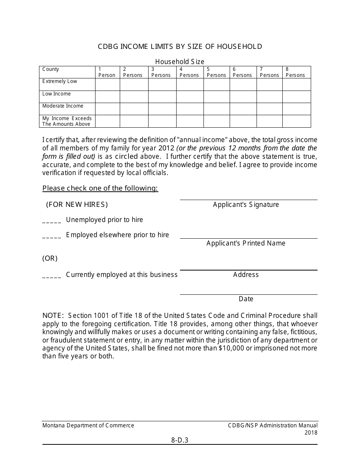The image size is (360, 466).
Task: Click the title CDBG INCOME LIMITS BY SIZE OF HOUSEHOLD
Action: click(180, 47)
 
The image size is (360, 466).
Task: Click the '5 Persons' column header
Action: click(216, 72)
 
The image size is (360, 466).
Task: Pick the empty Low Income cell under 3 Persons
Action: click(162, 97)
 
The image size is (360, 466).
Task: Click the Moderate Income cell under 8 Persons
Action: click(296, 109)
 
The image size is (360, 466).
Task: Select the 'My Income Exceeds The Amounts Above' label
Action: click(67, 121)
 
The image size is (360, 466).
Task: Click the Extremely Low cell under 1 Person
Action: click(107, 84)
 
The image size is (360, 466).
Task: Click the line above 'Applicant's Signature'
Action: click(249, 199)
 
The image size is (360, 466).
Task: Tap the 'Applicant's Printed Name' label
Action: click(246, 243)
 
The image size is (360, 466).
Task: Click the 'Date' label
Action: click(246, 299)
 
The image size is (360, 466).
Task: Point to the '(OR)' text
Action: click(50, 258)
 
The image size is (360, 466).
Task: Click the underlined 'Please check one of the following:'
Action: click(100, 188)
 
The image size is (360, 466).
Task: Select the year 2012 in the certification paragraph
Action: click(167, 148)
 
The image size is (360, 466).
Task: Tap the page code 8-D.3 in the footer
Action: click(180, 440)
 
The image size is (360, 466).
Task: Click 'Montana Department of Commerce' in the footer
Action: click(88, 425)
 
